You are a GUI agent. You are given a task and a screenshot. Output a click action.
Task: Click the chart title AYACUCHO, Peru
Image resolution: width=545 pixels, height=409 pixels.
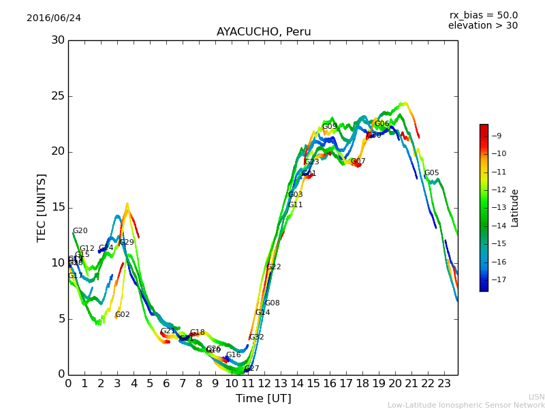(264, 32)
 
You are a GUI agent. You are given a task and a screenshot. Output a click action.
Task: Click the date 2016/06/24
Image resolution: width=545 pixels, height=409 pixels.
(54, 18)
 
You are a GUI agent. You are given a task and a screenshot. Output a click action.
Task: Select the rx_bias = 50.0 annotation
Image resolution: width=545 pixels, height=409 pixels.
(483, 15)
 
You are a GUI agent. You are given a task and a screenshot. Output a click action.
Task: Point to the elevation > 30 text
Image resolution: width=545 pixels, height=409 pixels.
(483, 26)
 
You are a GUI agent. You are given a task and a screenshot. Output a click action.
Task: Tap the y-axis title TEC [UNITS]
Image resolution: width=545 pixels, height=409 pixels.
(42, 207)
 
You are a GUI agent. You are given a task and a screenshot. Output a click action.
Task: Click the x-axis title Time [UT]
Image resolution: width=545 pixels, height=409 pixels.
(263, 399)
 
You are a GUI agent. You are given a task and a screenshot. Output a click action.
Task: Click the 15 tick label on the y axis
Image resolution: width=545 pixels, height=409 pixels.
(58, 207)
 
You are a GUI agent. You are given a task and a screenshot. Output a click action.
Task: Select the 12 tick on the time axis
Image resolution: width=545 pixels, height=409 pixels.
(264, 383)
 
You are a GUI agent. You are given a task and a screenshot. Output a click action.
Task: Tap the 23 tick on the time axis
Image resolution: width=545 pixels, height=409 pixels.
(443, 383)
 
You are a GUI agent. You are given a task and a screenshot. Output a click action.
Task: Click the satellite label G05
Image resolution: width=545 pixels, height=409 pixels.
(432, 173)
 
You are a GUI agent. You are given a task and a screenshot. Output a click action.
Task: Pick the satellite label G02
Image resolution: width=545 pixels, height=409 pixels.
(123, 315)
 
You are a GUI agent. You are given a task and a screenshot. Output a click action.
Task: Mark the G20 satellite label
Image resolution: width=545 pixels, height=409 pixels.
(80, 231)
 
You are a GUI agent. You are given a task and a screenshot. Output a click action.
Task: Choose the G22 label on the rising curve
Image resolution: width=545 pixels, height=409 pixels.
(274, 267)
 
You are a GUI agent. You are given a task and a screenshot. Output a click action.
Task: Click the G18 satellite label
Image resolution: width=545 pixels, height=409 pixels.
(198, 333)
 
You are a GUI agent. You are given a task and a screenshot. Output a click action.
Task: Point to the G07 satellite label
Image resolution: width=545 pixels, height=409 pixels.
(358, 162)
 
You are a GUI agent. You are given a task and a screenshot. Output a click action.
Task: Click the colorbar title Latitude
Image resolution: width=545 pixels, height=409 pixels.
(515, 207)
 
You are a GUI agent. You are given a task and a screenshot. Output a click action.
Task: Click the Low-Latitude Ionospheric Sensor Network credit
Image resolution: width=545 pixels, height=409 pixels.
(466, 406)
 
